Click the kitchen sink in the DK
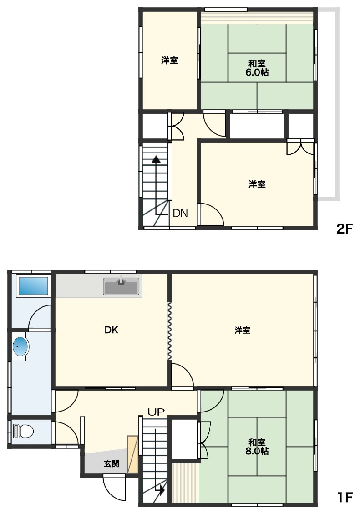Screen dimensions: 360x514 click(121, 286)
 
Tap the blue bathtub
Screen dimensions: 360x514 click(33, 286)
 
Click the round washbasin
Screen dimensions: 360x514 click(20, 346)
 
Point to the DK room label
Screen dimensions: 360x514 click(112, 330)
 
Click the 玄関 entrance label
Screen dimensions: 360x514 click(112, 463)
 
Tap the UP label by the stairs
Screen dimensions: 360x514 click(156, 412)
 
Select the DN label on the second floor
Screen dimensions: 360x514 click(180, 214)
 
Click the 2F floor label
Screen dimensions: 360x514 click(344, 229)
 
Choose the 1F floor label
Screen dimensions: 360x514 click(345, 497)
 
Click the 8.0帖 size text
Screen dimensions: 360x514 click(257, 451)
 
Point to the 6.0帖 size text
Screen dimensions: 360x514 click(257, 72)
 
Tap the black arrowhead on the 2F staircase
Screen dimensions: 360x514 click(156, 159)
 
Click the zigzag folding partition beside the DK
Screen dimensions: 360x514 click(170, 331)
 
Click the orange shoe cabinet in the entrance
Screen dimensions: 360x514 click(132, 454)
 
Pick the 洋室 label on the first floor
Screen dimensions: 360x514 click(243, 330)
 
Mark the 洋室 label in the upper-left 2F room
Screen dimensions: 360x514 click(170, 60)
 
